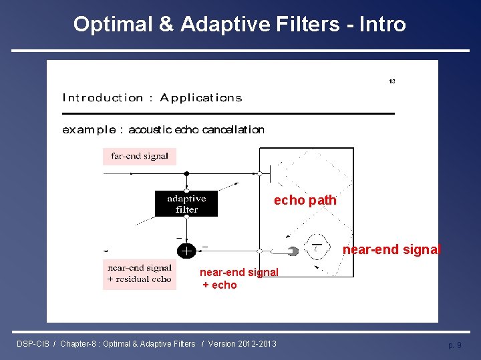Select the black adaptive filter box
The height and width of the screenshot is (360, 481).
coord(186,204)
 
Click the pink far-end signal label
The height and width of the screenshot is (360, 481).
coord(140,157)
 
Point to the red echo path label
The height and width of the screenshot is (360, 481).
coord(305,201)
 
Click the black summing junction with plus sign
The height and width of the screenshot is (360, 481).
coord(186,251)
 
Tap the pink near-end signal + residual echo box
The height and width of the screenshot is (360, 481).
coord(140,274)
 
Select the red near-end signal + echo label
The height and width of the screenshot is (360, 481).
coord(238,279)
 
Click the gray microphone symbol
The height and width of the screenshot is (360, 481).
coord(293,251)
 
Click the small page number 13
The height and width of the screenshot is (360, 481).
coord(391,81)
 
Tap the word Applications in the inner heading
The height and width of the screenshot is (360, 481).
coord(201,98)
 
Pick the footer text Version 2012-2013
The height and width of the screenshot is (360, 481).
coord(242,344)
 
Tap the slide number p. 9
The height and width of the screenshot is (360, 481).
coord(454,345)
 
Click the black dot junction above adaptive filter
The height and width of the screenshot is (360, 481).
coord(186,173)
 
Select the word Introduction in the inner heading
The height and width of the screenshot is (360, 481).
coord(102,98)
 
